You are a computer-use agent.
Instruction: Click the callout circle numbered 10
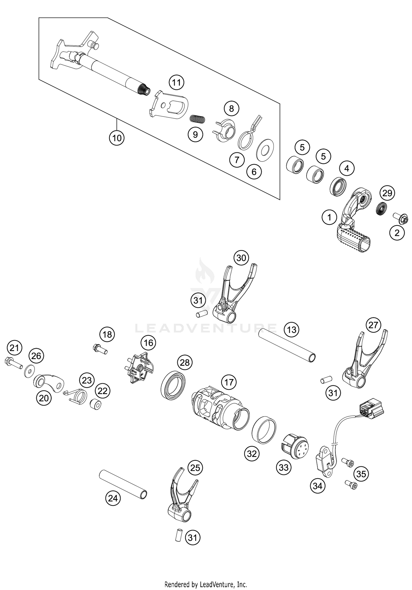tap(117, 138)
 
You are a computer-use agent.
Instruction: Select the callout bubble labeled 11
tap(177, 82)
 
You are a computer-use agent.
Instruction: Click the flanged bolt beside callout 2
tap(400, 219)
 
